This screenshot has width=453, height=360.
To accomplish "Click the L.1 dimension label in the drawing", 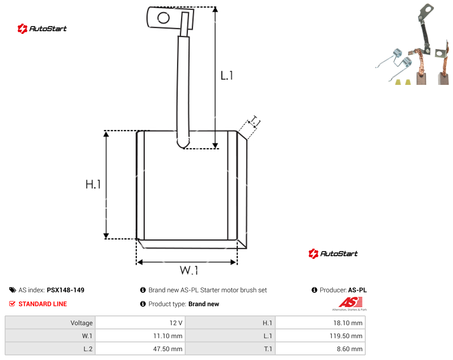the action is [x=227, y=76].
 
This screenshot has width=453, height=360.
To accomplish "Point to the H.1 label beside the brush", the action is [x=93, y=184].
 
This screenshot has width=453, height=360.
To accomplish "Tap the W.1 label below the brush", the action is [x=189, y=270].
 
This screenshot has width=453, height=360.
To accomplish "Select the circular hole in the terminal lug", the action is [x=163, y=18].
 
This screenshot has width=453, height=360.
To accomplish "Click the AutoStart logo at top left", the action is [x=42, y=29].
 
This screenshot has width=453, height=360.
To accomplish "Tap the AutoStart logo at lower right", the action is [x=333, y=253].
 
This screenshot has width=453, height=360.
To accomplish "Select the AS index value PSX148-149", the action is [x=65, y=290].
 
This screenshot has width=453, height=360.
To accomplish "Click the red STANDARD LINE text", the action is [x=43, y=304].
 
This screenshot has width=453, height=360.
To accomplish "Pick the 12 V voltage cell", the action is [x=176, y=323].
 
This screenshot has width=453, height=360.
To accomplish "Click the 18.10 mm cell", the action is [x=348, y=323].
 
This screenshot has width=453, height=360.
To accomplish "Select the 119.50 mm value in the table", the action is [x=346, y=336].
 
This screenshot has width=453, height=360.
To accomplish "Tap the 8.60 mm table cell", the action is [x=349, y=349].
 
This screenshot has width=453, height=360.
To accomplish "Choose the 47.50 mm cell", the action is [x=168, y=349].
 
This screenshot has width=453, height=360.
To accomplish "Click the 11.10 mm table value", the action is [x=168, y=336].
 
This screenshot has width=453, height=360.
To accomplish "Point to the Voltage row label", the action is [x=82, y=323].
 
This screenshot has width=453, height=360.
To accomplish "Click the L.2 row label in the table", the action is [x=88, y=349].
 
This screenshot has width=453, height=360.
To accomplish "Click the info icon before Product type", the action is [x=142, y=304].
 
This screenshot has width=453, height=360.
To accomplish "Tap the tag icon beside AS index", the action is [x=13, y=290].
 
